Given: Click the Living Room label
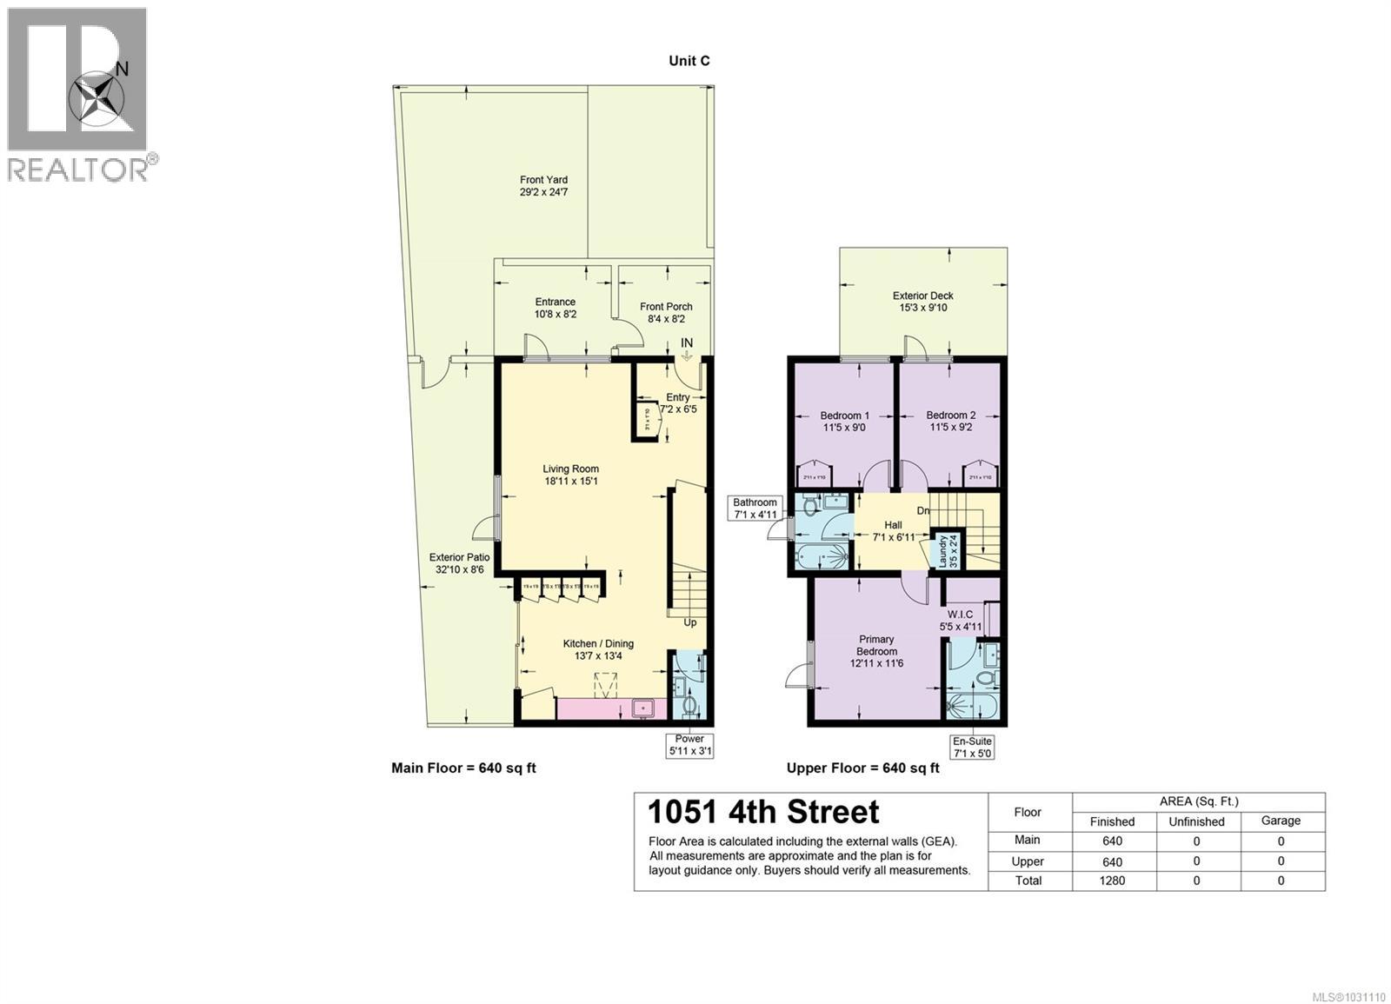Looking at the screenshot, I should click(570, 475).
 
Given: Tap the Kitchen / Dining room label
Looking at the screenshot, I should click(598, 649).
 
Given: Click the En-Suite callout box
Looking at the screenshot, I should click(972, 747).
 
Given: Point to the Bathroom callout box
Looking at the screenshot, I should click(755, 509).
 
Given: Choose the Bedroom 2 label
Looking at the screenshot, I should click(950, 421).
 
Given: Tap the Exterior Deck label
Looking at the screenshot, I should click(923, 302).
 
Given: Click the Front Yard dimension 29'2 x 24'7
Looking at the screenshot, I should click(543, 193).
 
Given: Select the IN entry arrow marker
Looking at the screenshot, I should click(687, 348).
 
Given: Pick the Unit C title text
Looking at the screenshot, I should click(689, 61).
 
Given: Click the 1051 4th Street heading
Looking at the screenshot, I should click(763, 812).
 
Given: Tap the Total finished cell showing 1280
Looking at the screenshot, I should click(1112, 881).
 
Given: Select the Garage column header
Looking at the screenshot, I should click(1281, 821).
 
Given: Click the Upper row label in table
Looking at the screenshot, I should click(1028, 861).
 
